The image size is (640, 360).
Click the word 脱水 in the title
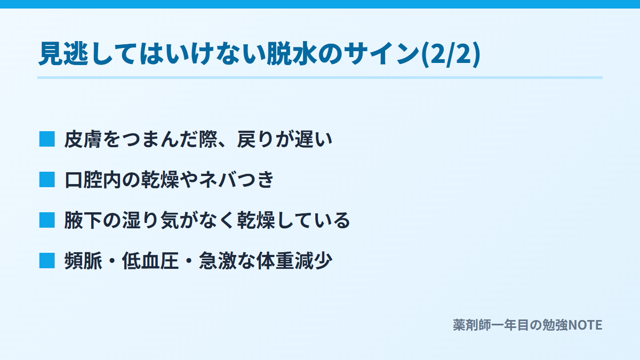(x=291, y=54)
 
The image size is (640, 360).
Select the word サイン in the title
(x=381, y=54)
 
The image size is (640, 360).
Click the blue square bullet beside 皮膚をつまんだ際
(x=47, y=139)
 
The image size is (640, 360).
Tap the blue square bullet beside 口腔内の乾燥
(x=47, y=179)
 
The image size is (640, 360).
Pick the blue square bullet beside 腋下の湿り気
(x=47, y=220)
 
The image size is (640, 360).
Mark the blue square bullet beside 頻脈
(x=47, y=261)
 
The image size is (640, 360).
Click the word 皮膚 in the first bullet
(x=83, y=139)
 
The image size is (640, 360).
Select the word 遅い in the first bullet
(x=314, y=139)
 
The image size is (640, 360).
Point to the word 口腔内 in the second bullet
(x=93, y=180)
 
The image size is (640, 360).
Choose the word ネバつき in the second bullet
(x=236, y=180)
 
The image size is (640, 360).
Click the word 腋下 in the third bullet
(x=83, y=220)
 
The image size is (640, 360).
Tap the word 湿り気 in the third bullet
(x=150, y=220)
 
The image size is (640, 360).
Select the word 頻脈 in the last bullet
(x=83, y=261)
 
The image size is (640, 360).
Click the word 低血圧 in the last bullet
(x=150, y=261)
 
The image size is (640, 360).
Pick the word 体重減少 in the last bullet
(x=294, y=261)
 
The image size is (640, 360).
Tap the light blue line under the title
(x=320, y=77)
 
